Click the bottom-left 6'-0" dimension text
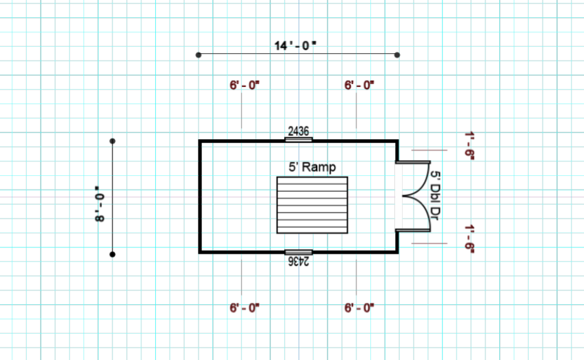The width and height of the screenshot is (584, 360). click(244, 308)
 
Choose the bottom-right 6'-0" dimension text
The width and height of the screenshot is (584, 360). click(359, 308)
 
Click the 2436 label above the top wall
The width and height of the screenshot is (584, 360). click(298, 130)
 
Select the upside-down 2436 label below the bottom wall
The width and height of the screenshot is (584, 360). click(299, 261)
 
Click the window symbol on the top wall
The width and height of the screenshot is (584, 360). click(299, 139)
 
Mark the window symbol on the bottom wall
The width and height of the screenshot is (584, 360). click(299, 252)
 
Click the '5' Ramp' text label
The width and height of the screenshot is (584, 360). click(312, 167)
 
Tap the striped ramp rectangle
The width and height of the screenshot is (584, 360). click(312, 205)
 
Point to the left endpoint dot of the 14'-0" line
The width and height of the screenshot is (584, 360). click(199, 54)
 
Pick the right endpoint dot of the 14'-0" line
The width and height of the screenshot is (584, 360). click(397, 54)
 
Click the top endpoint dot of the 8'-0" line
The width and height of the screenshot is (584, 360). click(112, 141)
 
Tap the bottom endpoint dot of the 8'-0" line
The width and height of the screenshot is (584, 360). click(112, 254)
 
